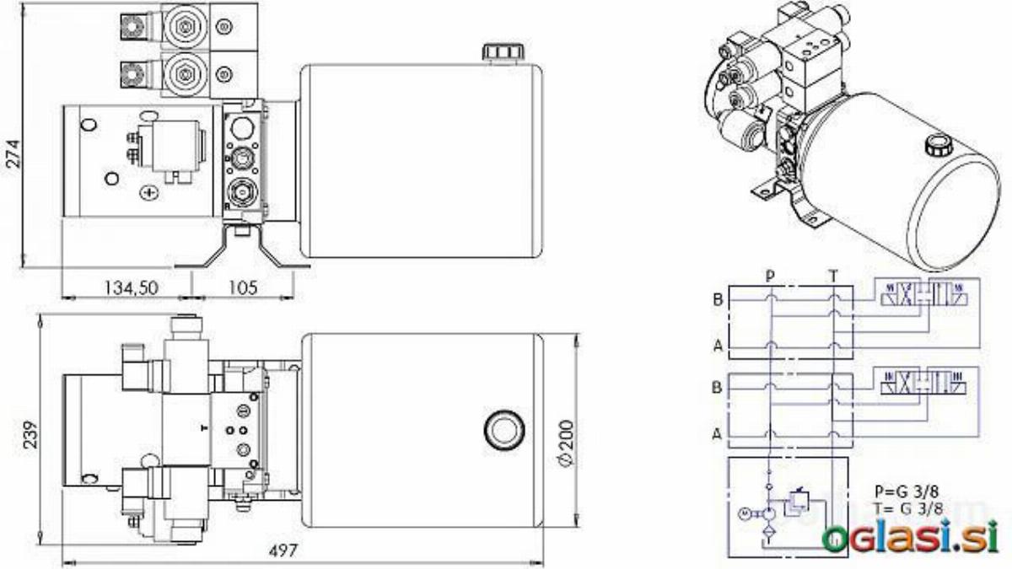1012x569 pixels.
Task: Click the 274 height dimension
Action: [14, 154]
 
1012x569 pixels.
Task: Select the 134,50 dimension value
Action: [132, 287]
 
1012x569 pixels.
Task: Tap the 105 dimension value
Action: [243, 287]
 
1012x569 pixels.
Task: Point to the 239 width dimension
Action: [30, 434]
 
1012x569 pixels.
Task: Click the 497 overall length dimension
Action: [283, 551]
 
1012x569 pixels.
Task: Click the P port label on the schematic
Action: [770, 276]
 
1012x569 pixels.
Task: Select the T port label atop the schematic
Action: [833, 276]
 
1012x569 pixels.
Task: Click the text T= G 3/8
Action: [908, 509]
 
